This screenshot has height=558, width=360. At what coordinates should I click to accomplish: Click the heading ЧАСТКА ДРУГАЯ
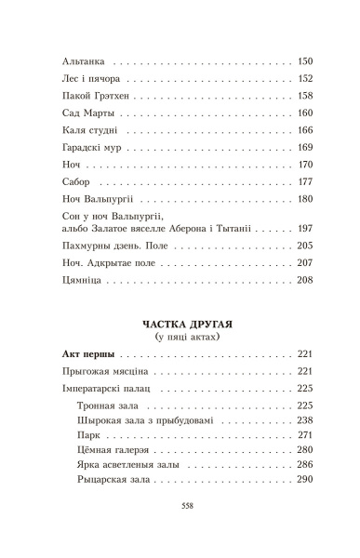coord(180,322)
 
